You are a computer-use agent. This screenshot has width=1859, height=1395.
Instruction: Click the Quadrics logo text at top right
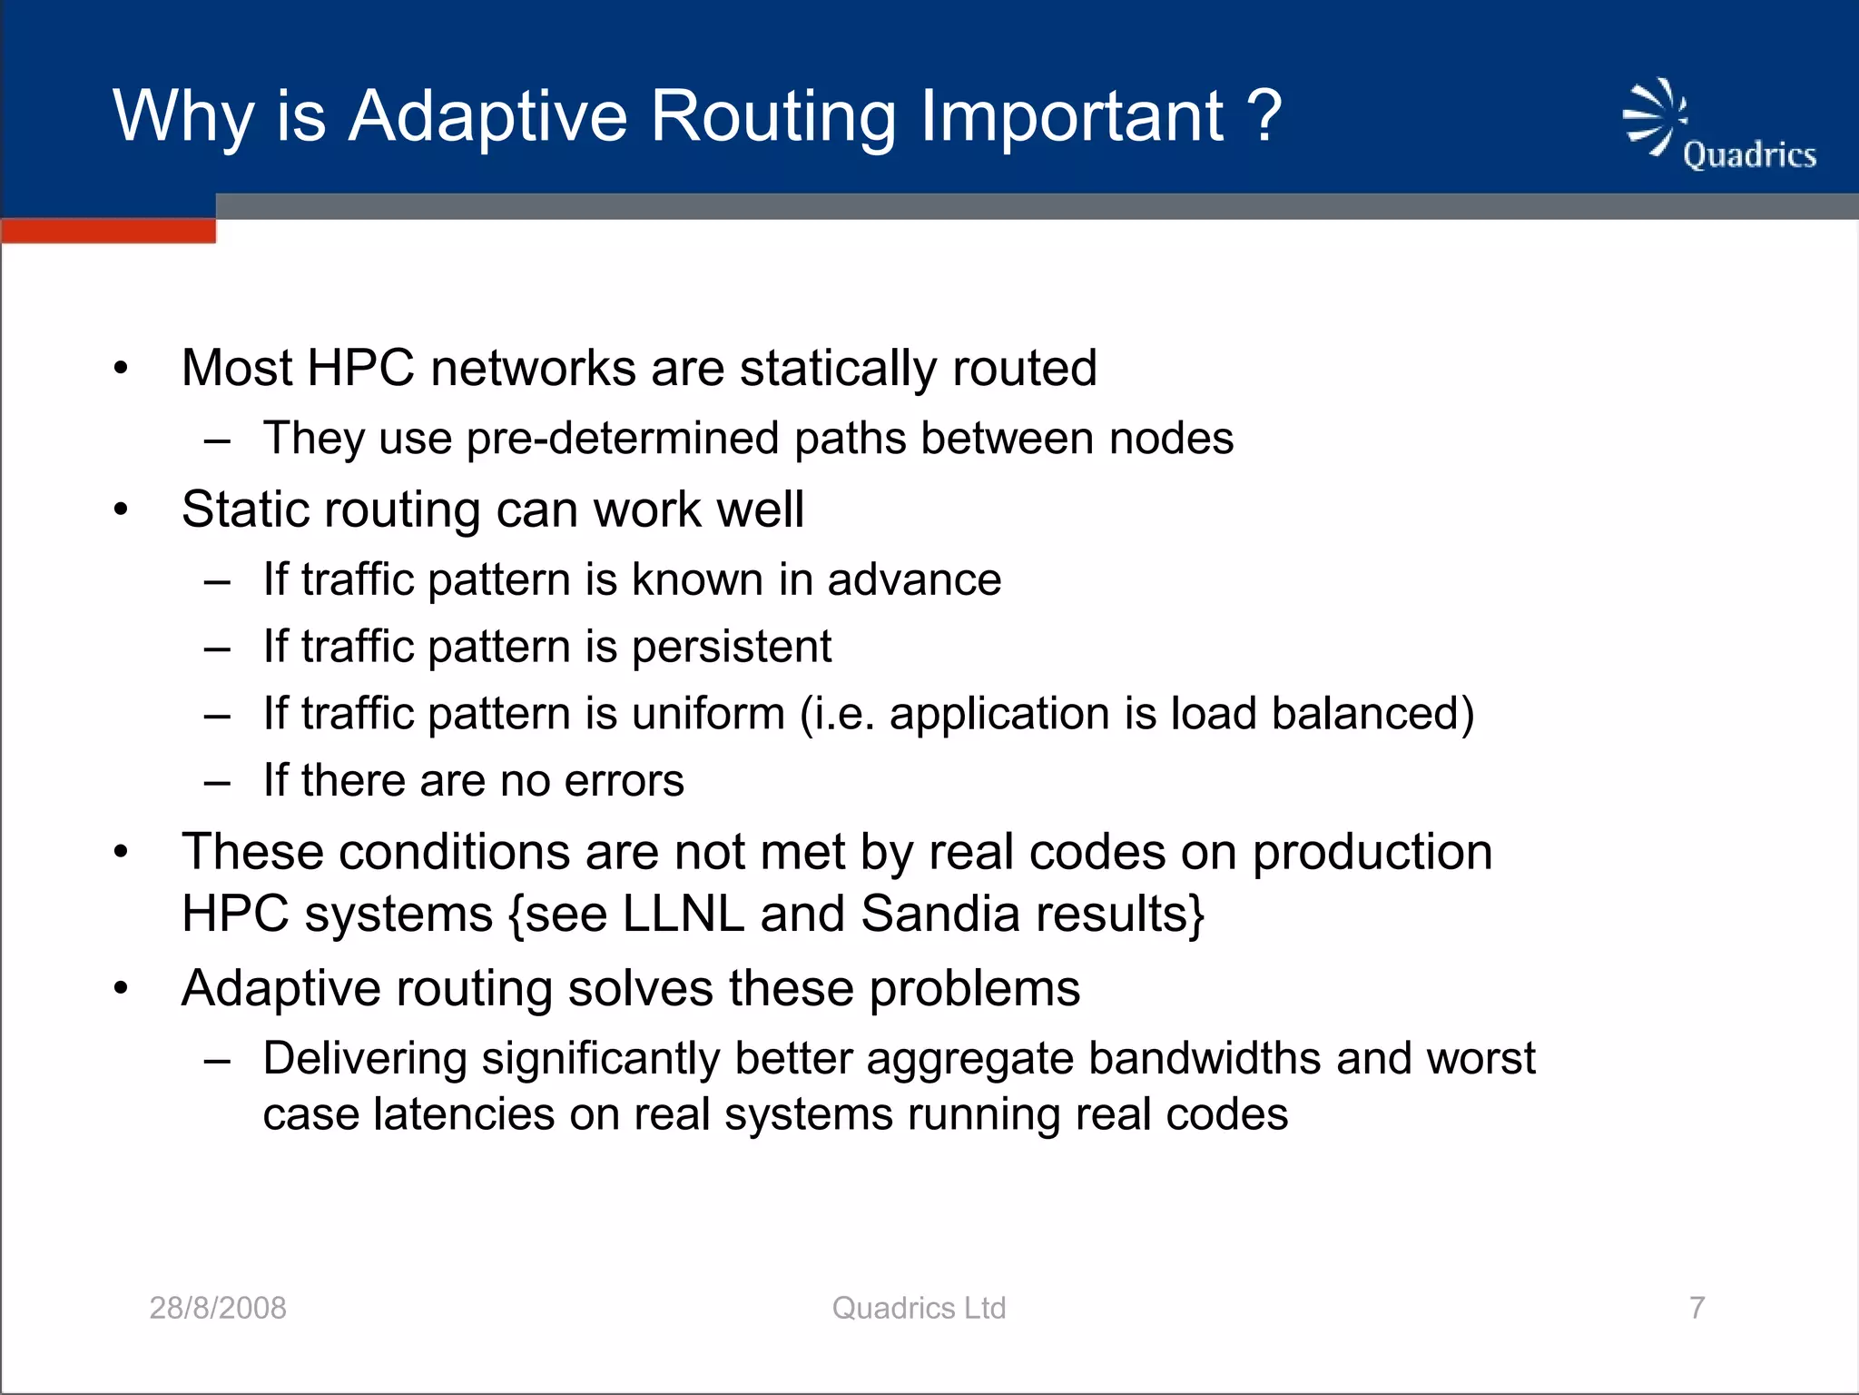(x=1749, y=155)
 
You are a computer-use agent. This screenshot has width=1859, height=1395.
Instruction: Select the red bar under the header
(x=108, y=231)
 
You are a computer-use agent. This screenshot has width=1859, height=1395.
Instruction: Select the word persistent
(x=732, y=647)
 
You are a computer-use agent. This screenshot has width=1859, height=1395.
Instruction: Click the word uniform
(x=708, y=714)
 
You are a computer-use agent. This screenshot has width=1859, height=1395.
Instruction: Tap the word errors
(x=624, y=781)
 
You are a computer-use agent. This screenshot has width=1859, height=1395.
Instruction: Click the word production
(x=1372, y=853)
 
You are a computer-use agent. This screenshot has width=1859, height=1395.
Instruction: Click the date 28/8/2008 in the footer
(x=218, y=1308)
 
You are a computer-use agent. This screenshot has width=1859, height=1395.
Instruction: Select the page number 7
(x=1697, y=1308)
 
